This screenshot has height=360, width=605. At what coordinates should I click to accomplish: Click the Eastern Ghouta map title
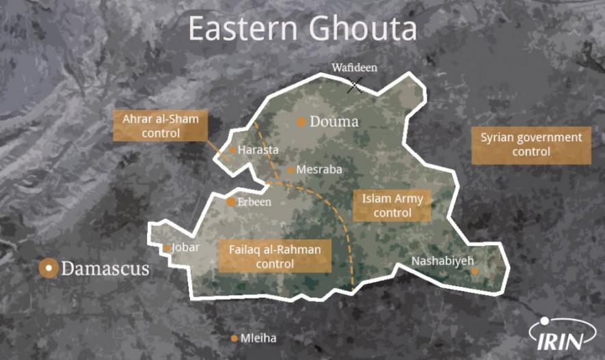pyautogui.click(x=302, y=29)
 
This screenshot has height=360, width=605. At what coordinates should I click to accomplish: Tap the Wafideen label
pyautogui.click(x=354, y=68)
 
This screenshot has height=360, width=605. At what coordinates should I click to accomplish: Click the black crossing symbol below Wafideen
pyautogui.click(x=355, y=85)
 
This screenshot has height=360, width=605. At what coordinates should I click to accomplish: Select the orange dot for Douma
pyautogui.click(x=301, y=122)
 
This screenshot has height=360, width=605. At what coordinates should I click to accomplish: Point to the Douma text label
pyautogui.click(x=334, y=123)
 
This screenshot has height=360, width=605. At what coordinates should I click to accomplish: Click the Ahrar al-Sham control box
pyautogui.click(x=161, y=126)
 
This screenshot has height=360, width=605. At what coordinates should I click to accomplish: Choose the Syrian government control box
pyautogui.click(x=531, y=145)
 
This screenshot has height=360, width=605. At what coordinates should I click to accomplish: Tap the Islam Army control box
pyautogui.click(x=392, y=206)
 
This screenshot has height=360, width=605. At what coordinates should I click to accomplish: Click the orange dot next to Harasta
pyautogui.click(x=232, y=150)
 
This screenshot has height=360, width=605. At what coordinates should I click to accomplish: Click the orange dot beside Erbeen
pyautogui.click(x=231, y=202)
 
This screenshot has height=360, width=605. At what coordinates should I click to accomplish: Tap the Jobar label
pyautogui.click(x=185, y=247)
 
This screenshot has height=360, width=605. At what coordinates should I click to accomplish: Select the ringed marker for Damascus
pyautogui.click(x=48, y=268)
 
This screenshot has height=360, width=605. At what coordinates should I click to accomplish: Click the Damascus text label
pyautogui.click(x=105, y=268)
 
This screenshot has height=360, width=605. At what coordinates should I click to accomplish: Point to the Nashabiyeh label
pyautogui.click(x=442, y=260)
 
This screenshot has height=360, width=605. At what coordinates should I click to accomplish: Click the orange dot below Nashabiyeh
pyautogui.click(x=475, y=271)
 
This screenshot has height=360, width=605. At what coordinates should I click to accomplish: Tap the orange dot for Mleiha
pyautogui.click(x=234, y=338)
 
